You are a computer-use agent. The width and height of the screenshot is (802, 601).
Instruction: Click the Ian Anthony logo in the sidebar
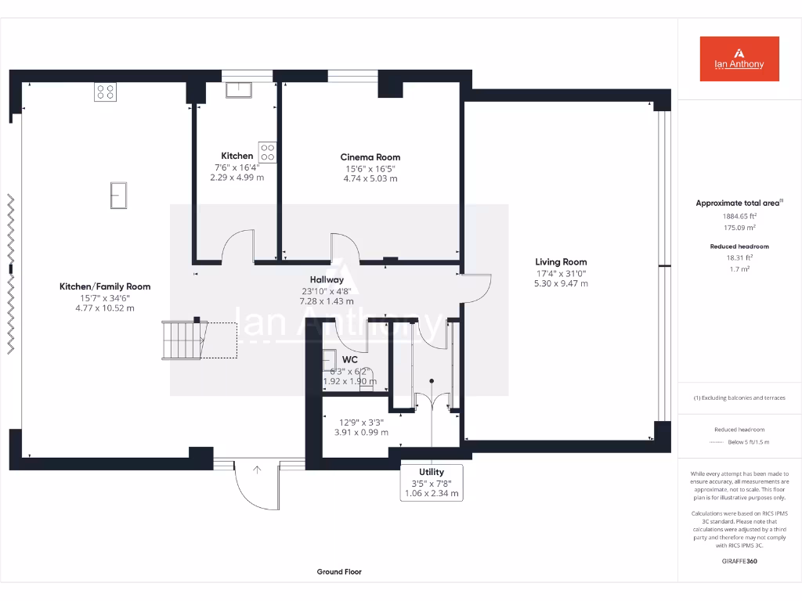(739, 59)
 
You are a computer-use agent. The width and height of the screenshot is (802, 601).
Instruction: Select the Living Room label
(561, 262)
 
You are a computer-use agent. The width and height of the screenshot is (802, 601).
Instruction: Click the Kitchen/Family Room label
(105, 286)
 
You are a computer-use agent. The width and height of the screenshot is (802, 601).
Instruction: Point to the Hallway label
(327, 279)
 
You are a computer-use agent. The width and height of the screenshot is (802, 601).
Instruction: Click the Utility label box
(432, 483)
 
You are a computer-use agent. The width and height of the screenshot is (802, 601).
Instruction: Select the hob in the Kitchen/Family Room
(105, 92)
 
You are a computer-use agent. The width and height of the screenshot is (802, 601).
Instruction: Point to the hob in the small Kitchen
(267, 152)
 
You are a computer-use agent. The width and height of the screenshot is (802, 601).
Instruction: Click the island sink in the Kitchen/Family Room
(118, 195)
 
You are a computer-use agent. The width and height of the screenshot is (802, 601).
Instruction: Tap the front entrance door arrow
(257, 470)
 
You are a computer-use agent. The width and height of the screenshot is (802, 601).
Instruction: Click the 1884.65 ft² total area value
(739, 216)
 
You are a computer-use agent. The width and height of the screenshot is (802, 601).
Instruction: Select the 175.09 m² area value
(739, 228)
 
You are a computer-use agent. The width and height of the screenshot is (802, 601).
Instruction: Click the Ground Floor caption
(339, 572)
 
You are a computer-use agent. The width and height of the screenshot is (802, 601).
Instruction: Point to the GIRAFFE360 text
(739, 561)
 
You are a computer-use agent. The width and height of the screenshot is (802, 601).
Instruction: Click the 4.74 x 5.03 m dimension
(370, 178)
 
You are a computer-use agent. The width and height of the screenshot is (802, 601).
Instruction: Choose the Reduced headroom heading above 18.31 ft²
(739, 247)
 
